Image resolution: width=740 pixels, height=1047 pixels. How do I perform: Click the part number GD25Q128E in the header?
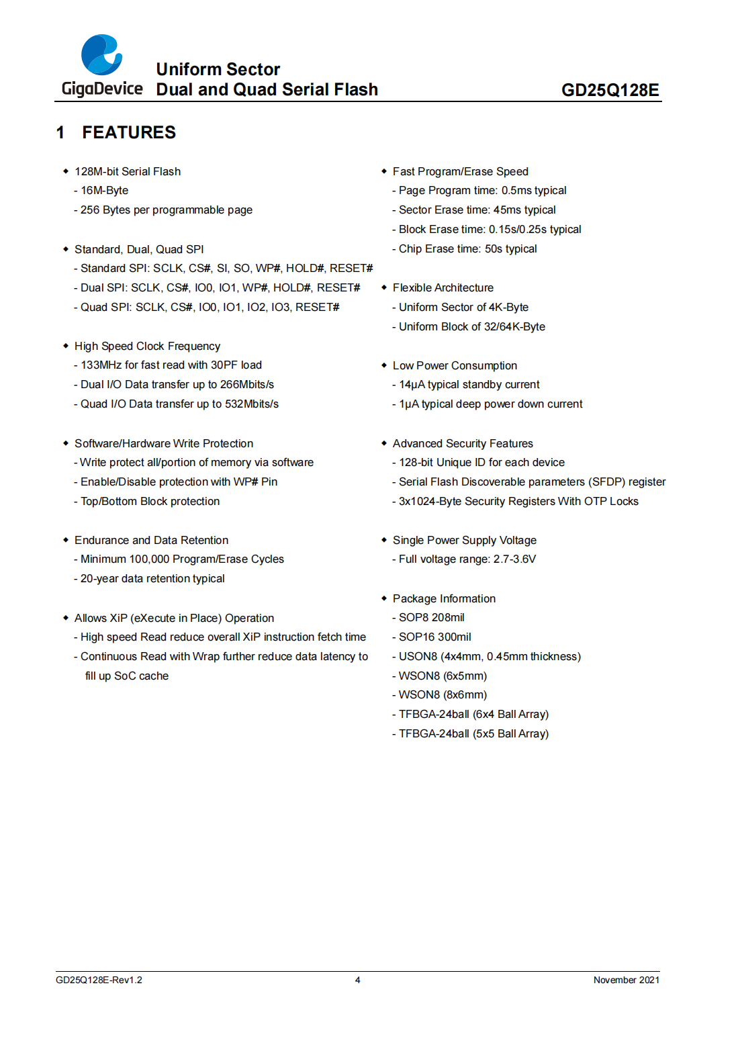(610, 90)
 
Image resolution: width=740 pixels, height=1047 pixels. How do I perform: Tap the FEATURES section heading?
(128, 132)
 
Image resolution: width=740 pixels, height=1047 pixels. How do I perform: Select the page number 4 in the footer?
(358, 980)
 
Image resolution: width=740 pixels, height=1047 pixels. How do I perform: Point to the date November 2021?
(626, 980)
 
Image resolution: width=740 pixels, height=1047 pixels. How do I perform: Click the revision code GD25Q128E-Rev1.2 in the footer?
(99, 980)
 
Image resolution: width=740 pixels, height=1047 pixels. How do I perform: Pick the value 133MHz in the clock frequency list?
(101, 365)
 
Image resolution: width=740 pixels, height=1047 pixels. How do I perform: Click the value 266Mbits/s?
(247, 384)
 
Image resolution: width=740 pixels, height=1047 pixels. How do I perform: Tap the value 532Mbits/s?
(251, 404)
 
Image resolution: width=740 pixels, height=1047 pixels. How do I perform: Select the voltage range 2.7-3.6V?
(514, 559)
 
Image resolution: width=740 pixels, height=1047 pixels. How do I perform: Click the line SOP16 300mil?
(434, 637)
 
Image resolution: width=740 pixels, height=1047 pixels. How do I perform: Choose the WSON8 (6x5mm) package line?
(443, 676)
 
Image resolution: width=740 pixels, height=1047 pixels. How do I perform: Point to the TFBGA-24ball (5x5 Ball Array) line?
(473, 733)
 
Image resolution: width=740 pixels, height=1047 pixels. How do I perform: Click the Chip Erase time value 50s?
(493, 248)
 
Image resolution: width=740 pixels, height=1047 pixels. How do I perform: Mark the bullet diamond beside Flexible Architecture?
(384, 287)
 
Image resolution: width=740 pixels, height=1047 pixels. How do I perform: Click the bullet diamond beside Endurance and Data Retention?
(66, 540)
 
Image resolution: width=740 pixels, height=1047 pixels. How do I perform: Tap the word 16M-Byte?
(104, 190)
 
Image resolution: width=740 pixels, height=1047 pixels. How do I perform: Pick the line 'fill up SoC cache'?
(127, 676)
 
